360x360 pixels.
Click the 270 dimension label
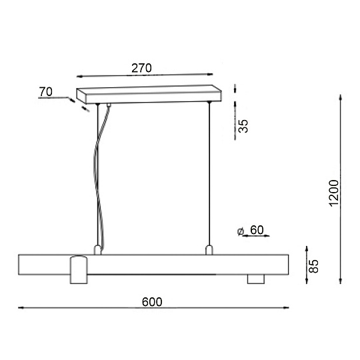point(141,68)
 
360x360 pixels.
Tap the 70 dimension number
point(46,92)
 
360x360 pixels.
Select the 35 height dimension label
point(243,126)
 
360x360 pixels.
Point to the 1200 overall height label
point(333,193)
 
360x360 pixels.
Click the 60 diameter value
point(257,230)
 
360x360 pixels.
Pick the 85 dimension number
point(313,266)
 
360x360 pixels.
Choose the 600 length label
point(152,302)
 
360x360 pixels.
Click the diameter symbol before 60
point(241,231)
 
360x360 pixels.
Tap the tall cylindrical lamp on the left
point(79,270)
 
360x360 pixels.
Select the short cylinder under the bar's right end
point(256,279)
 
